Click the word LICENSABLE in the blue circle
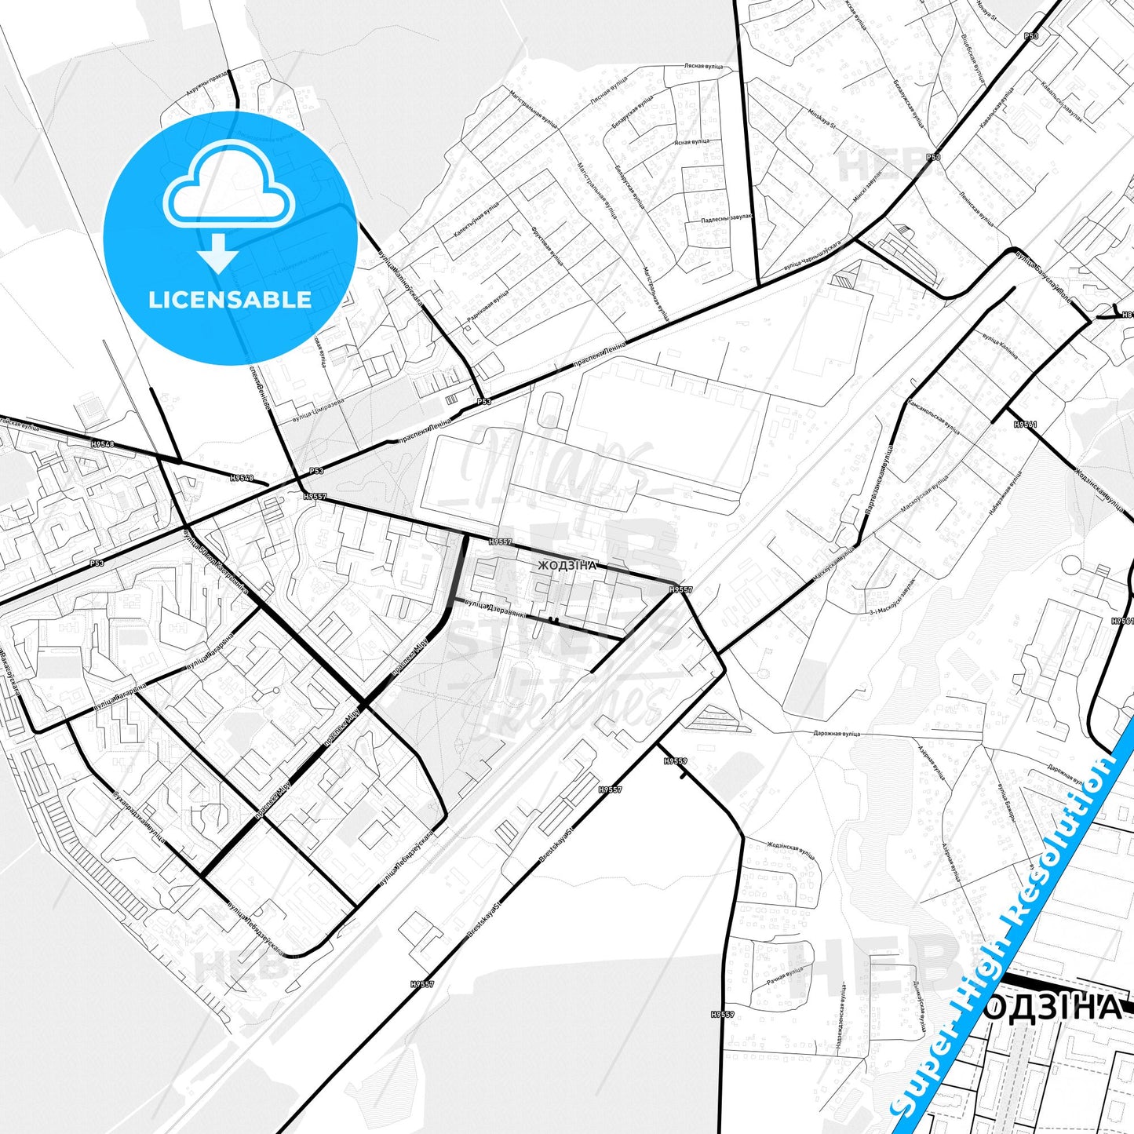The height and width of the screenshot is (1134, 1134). tap(230, 300)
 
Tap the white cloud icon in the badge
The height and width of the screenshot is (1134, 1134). tap(229, 188)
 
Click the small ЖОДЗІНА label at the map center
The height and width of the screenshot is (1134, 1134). tap(567, 565)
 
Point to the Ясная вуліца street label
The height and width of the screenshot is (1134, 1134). tap(692, 141)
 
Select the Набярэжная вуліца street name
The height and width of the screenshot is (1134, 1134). tap(1005, 491)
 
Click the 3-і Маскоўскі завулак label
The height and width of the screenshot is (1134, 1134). tap(892, 601)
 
